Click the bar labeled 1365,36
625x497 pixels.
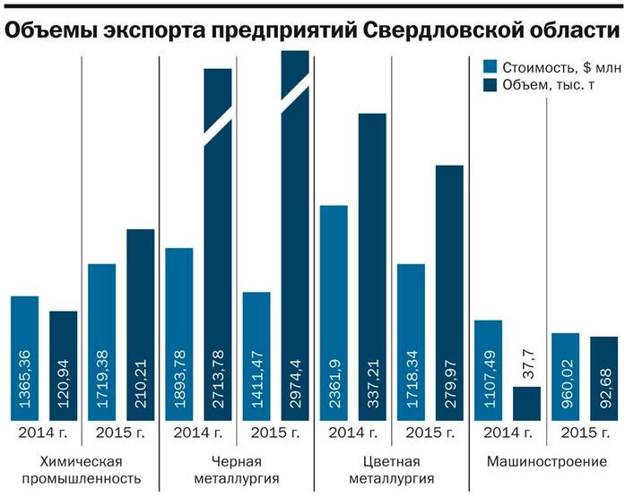click(25, 358)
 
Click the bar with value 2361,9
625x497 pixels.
click(334, 313)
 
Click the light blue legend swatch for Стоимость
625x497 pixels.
click(489, 67)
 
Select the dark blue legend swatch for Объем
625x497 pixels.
click(489, 85)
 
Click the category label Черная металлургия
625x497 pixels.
click(237, 470)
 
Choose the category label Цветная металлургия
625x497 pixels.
click(392, 470)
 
